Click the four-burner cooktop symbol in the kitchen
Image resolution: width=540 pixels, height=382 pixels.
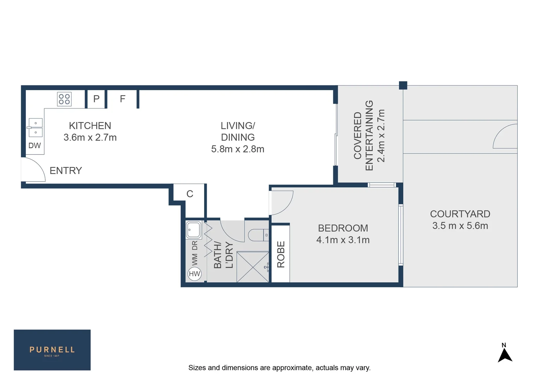[64, 99]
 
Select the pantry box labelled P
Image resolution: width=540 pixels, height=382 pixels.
[96, 99]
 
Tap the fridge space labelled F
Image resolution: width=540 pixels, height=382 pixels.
[122, 99]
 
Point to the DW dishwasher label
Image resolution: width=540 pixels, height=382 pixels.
[35, 145]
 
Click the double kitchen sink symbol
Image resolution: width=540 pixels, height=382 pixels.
[35, 127]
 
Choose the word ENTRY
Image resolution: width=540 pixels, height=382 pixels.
[66, 171]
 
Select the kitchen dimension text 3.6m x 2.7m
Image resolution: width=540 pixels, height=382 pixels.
[90, 138]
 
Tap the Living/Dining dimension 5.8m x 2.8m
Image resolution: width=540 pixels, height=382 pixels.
[238, 149]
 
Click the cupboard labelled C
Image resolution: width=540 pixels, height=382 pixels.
[190, 194]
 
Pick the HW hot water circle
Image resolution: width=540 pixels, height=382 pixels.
[194, 274]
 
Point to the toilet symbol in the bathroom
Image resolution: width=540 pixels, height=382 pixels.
[257, 235]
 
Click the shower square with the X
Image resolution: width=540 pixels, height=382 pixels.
[252, 267]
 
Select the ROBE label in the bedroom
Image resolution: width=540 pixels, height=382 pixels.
[281, 254]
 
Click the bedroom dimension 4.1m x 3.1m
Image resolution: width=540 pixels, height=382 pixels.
[343, 240]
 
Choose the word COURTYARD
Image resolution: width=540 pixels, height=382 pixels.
[460, 214]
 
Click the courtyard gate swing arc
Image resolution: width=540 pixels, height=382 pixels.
[505, 136]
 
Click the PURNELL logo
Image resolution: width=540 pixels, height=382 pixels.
[52, 350]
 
